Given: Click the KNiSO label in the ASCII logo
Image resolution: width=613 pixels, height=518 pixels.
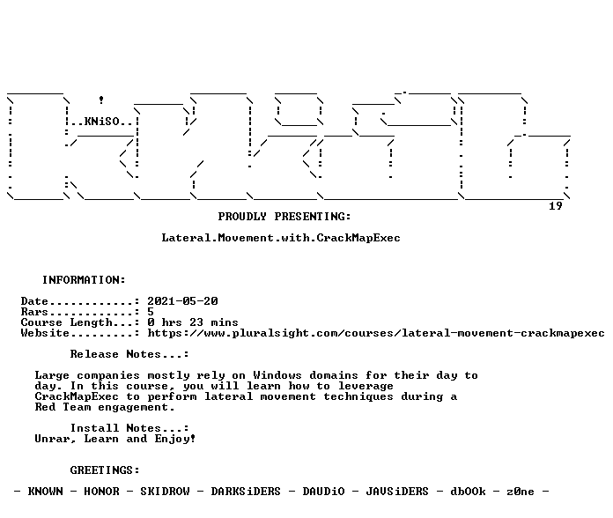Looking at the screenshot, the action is (101, 122).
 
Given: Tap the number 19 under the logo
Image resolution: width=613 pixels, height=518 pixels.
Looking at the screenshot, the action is (556, 206).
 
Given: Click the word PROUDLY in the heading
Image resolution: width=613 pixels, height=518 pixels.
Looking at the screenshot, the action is (242, 217).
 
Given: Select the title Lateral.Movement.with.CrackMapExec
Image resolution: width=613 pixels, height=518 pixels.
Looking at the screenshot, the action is (281, 238).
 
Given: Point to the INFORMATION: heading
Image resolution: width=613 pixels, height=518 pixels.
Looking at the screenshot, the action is (84, 280).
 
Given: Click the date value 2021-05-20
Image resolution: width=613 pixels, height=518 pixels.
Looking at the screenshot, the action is (182, 301).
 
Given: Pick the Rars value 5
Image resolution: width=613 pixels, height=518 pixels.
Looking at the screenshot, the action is (151, 312).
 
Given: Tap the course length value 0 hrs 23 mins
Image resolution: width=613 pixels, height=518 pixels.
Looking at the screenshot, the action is (193, 322).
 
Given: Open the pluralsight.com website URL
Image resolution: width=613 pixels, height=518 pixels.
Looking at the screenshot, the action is (376, 333).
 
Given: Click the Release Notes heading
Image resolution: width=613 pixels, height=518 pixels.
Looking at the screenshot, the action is (129, 354).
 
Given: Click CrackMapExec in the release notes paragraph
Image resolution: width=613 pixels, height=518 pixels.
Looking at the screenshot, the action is (77, 396).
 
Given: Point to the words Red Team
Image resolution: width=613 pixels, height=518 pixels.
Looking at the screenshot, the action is (63, 407).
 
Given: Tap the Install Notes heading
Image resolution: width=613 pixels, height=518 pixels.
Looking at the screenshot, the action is (129, 428).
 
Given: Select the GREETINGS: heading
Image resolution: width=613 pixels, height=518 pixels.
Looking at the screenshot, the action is (105, 470).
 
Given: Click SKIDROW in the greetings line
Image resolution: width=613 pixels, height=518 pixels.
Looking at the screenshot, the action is (165, 492).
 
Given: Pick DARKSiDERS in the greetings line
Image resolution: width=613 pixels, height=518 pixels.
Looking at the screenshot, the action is (246, 492).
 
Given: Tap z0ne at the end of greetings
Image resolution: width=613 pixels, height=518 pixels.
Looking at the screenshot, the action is (521, 492).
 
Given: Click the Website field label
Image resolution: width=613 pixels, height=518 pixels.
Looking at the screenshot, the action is (45, 333).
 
